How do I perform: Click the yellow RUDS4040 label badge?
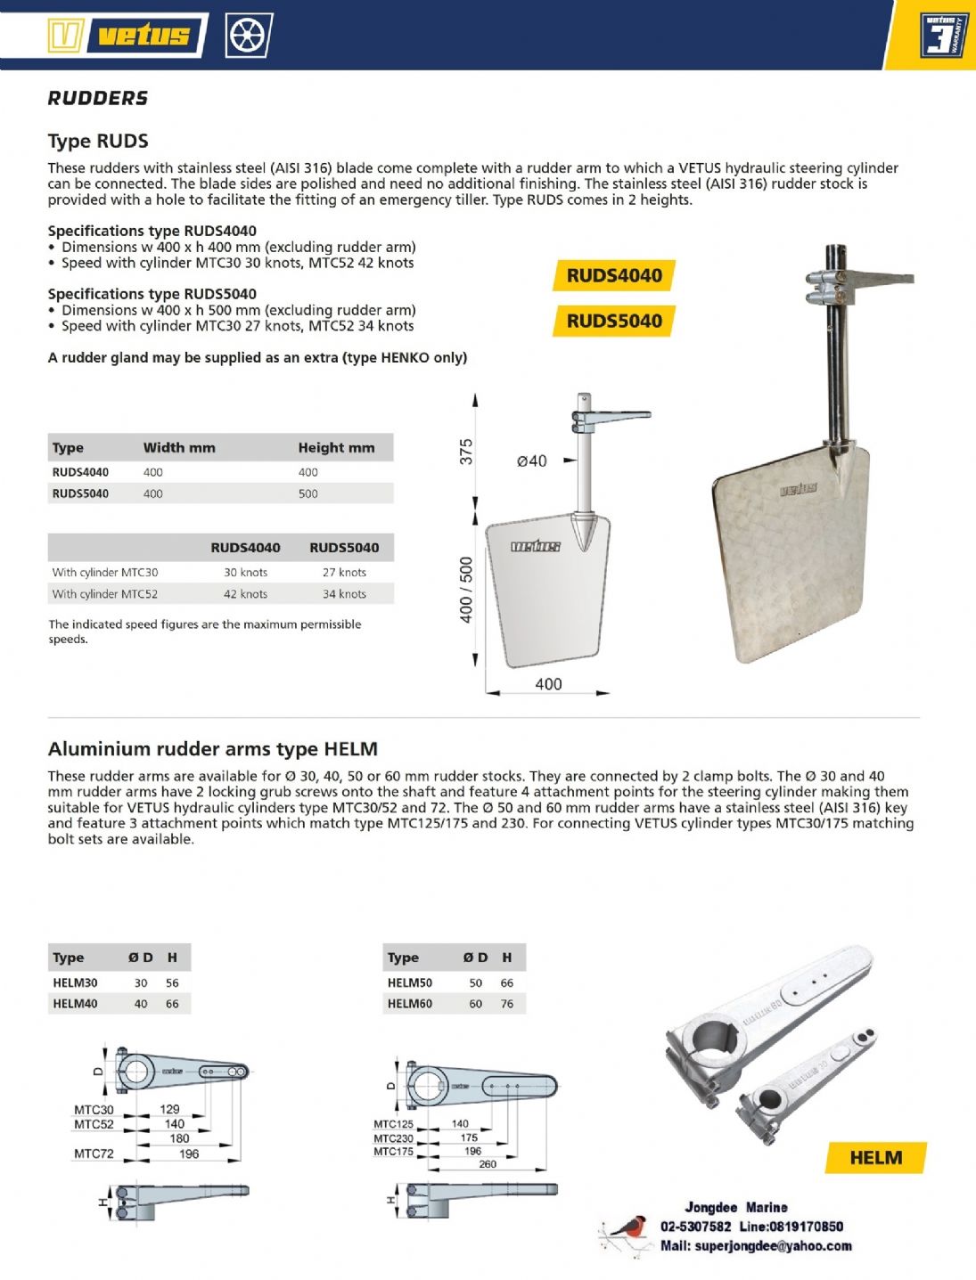614,275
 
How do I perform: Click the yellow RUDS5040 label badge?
614,321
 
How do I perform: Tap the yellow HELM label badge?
875,1157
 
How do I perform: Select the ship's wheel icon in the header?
248,36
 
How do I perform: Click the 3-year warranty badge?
943,36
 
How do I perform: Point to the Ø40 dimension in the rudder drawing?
532,461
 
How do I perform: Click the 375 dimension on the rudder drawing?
466,452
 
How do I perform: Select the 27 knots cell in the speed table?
344,573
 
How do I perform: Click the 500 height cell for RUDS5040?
308,493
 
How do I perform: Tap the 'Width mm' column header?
179,447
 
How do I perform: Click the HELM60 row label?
410,1004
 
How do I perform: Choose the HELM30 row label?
75,982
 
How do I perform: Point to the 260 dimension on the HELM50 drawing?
488,1164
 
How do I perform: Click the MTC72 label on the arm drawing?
94,1154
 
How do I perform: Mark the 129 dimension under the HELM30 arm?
169,1109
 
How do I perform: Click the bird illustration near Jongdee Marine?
627,1233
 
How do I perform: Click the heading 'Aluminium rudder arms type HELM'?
213,749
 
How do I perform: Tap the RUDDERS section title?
98,98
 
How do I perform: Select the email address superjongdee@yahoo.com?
773,1246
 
